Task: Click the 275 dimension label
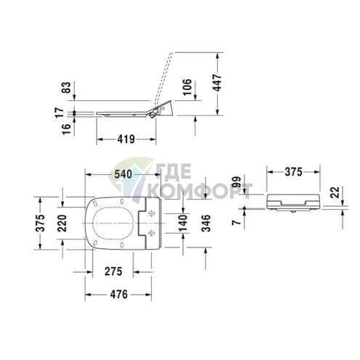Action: pos(112,271)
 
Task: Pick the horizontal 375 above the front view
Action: pos(292,172)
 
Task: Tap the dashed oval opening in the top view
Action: pos(113,221)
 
